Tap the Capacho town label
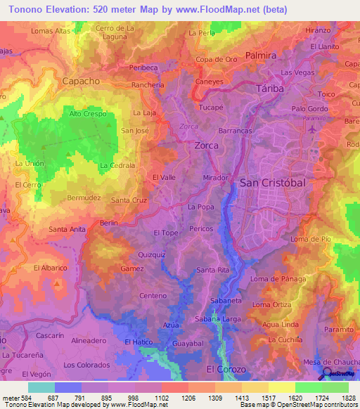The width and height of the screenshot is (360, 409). [x=81, y=81]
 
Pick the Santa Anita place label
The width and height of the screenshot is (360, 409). [x=67, y=230]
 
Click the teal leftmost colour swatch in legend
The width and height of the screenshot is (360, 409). [x=41, y=387]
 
